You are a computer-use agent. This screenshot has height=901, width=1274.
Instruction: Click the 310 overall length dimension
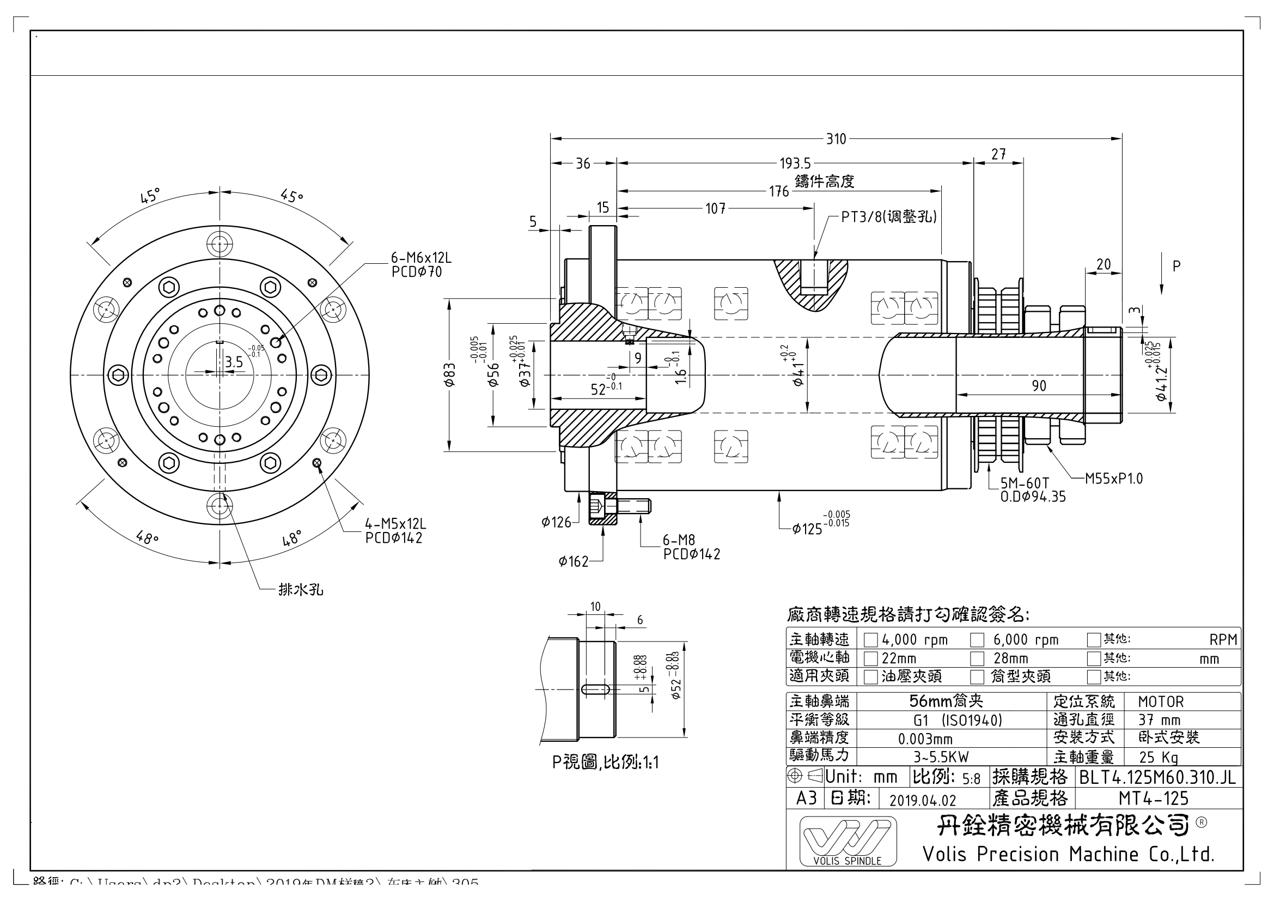click(x=836, y=139)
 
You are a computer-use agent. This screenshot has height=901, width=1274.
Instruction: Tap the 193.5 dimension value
click(x=795, y=164)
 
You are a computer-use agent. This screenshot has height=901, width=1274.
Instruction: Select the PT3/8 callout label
click(x=888, y=217)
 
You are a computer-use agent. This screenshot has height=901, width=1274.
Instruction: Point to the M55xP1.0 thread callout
click(x=1114, y=479)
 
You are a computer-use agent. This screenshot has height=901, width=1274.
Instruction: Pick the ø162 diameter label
click(x=573, y=562)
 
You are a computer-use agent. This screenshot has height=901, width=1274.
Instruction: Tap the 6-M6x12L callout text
click(x=421, y=258)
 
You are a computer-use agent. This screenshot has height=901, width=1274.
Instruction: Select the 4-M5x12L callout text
click(x=395, y=524)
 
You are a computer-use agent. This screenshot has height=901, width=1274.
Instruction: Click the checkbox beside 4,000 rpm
click(x=870, y=640)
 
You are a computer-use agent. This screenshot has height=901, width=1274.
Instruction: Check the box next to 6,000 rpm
click(x=977, y=640)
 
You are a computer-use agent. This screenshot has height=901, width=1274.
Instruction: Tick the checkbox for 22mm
click(x=870, y=659)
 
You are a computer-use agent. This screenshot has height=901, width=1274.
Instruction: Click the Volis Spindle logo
click(x=848, y=841)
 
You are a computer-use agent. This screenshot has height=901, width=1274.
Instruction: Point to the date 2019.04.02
click(x=923, y=800)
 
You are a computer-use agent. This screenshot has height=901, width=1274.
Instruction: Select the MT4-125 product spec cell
click(x=1153, y=799)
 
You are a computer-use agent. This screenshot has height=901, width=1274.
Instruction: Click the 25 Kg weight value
click(x=1158, y=757)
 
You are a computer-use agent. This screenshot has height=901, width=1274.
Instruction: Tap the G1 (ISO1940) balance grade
click(x=958, y=721)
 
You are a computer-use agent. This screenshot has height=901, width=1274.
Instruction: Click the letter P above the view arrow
click(x=1176, y=267)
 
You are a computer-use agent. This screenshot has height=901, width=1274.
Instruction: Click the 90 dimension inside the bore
click(x=1039, y=386)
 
